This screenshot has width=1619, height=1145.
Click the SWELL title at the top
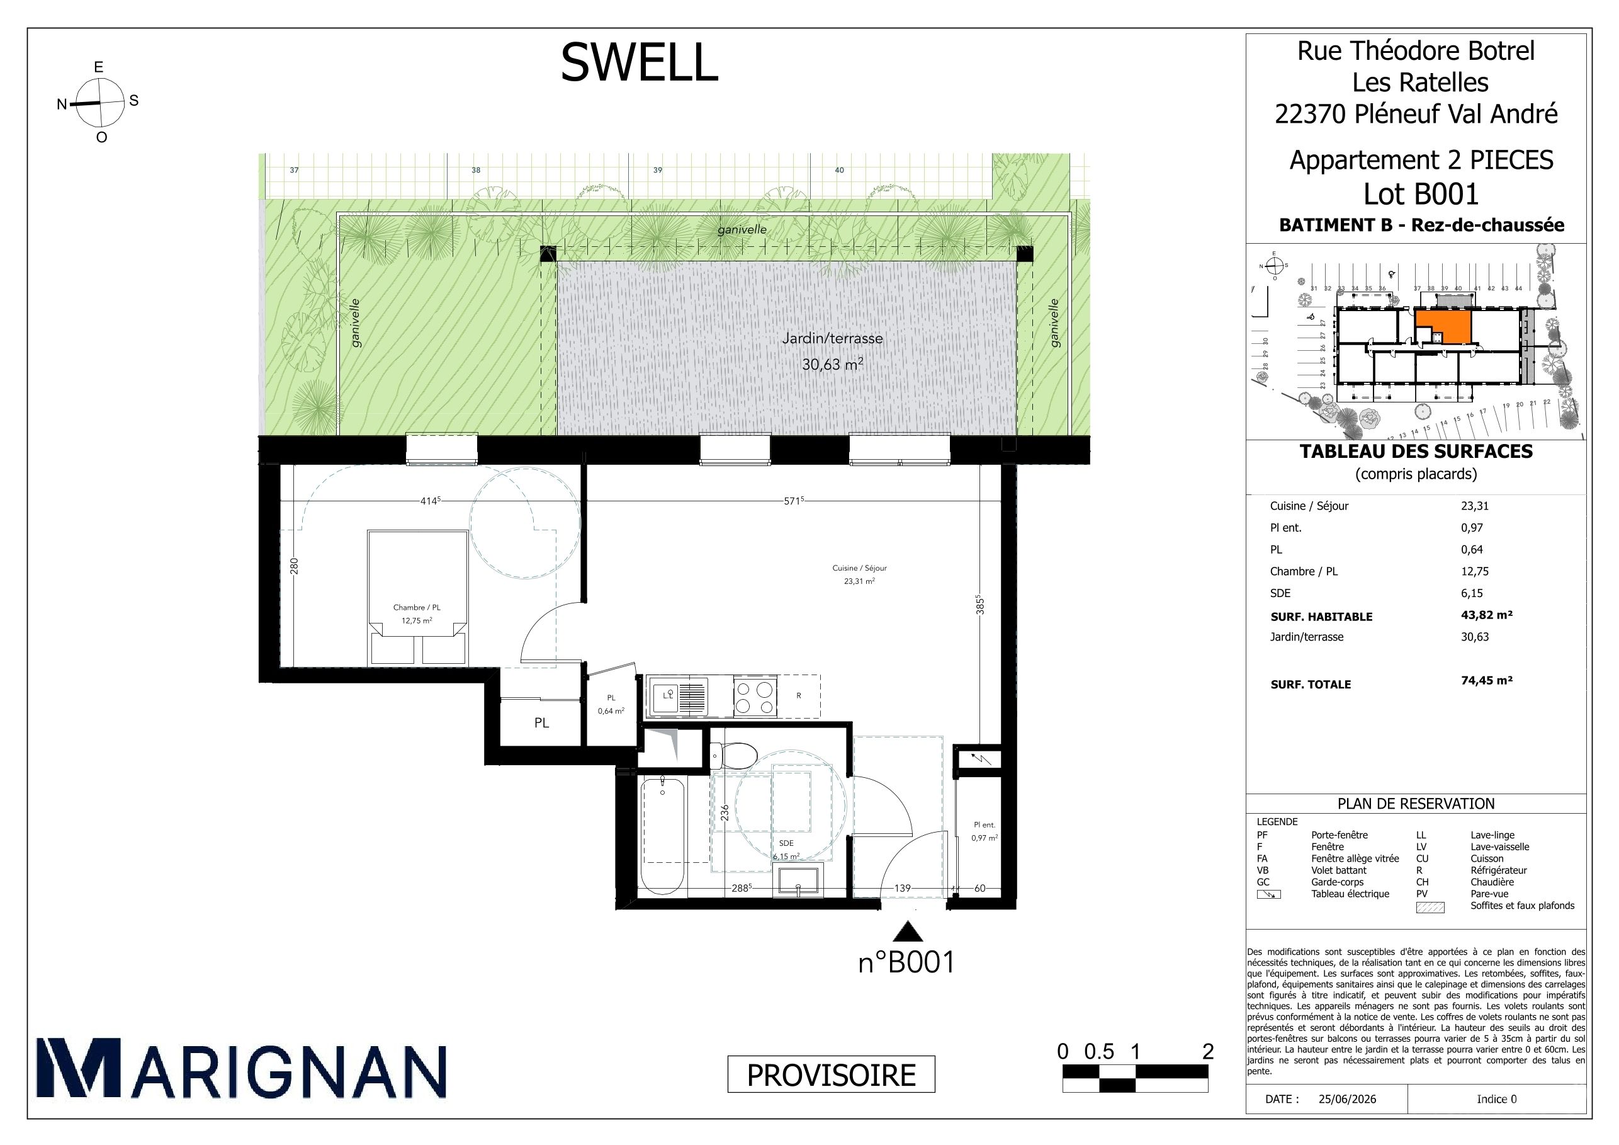pyautogui.click(x=639, y=62)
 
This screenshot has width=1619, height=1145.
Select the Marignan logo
pyautogui.click(x=241, y=1068)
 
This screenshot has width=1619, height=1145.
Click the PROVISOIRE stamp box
pyautogui.click(x=831, y=1074)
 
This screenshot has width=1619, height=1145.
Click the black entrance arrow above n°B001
pyautogui.click(x=908, y=933)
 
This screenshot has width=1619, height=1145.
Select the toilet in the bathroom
pyautogui.click(x=733, y=756)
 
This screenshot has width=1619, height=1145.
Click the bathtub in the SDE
pyautogui.click(x=662, y=835)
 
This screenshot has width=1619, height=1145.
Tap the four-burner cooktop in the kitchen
pyautogui.click(x=755, y=697)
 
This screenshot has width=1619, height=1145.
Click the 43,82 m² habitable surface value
pyautogui.click(x=1486, y=615)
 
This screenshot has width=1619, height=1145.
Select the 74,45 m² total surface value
pyautogui.click(x=1486, y=681)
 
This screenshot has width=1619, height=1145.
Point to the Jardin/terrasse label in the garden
pyautogui.click(x=832, y=339)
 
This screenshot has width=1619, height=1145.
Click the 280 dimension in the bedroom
pyautogui.click(x=295, y=566)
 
